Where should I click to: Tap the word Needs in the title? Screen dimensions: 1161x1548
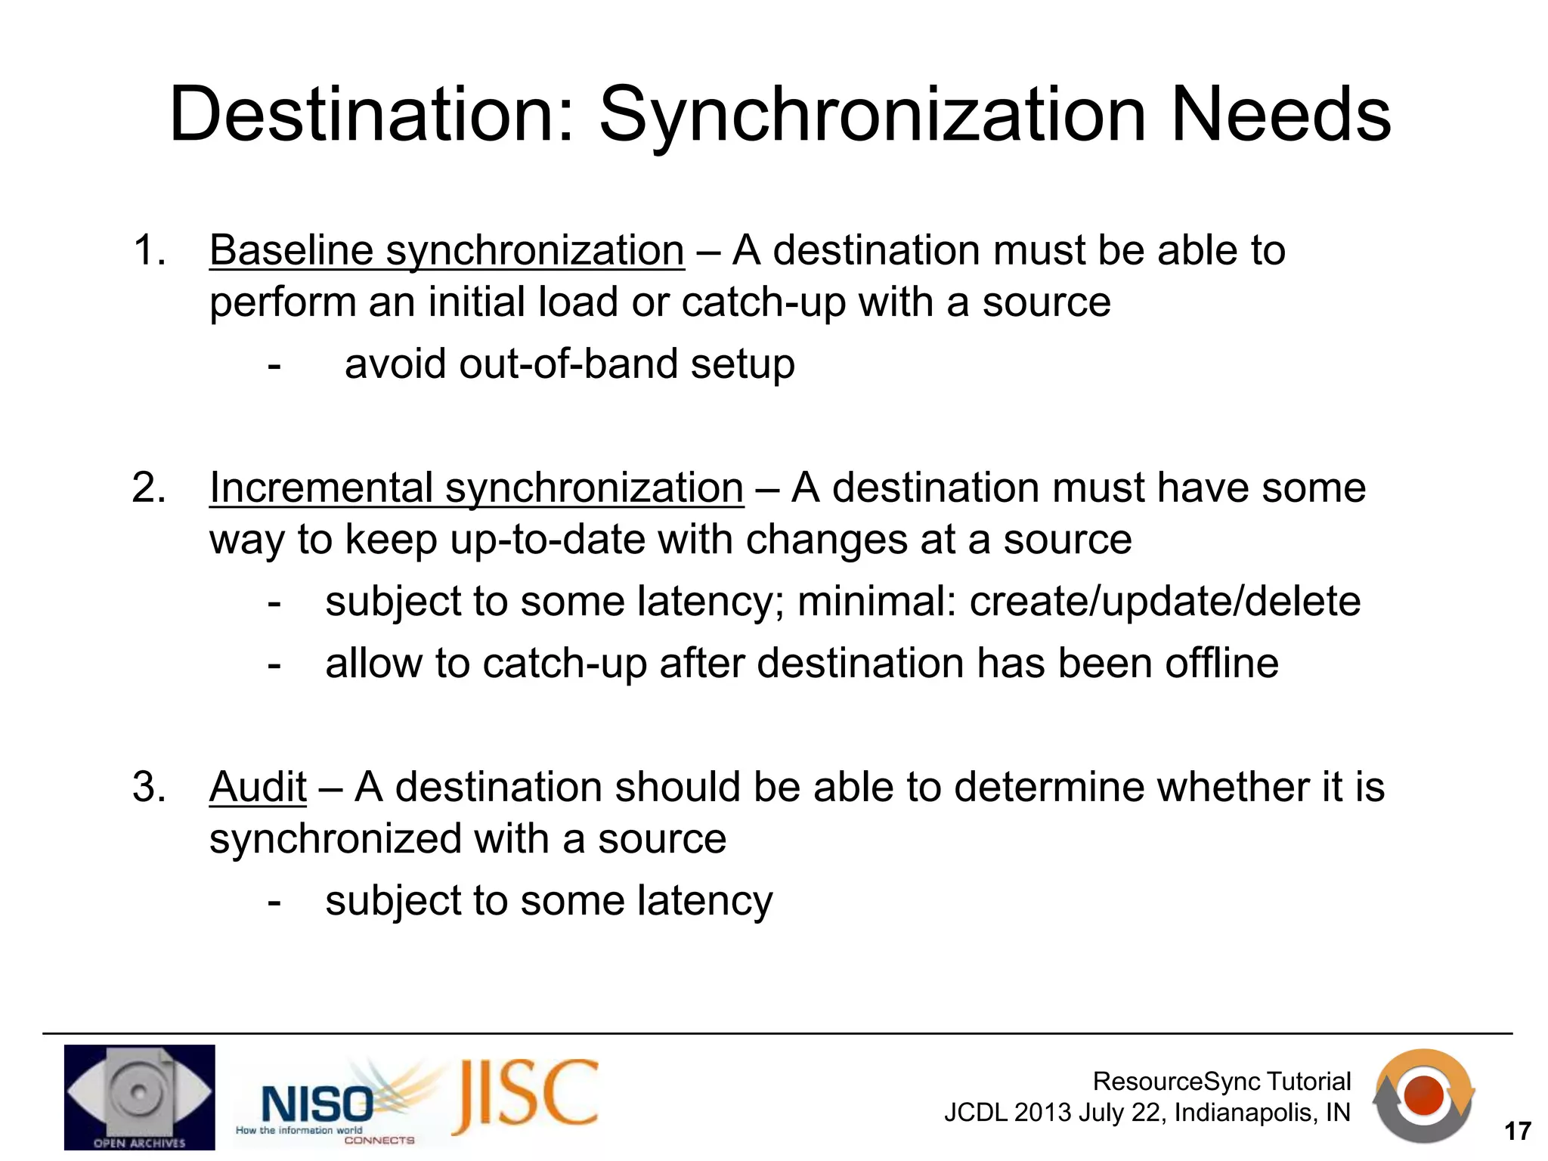(1280, 115)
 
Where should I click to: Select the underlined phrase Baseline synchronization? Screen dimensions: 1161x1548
(447, 250)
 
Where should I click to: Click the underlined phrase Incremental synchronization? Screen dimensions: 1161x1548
(476, 488)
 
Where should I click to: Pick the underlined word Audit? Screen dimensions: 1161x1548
(258, 787)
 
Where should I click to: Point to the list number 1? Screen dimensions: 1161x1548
(148, 250)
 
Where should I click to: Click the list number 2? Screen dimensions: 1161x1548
(148, 488)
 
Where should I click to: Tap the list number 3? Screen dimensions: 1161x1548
(148, 787)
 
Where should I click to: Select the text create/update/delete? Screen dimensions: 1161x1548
(1165, 602)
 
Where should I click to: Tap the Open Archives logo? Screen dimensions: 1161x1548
(139, 1097)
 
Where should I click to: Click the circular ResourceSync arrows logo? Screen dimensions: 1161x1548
(1423, 1096)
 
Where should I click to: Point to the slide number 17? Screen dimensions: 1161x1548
(1517, 1132)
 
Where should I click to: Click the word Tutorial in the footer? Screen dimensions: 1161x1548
(1308, 1082)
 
